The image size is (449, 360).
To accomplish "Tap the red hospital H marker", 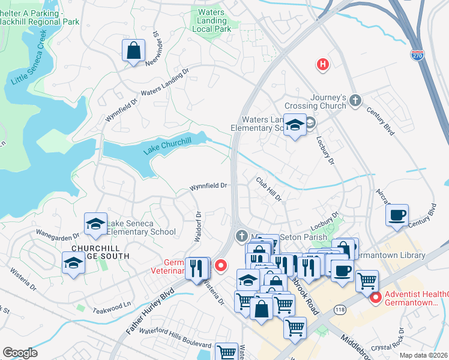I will pyautogui.click(x=323, y=64).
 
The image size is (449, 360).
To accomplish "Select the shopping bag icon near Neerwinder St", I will pyautogui.click(x=134, y=51).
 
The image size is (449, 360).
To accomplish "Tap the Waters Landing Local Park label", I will pyautogui.click(x=211, y=20).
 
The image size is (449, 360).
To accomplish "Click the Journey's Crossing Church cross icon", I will pyautogui.click(x=355, y=100).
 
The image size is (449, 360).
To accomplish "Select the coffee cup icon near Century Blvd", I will pyautogui.click(x=397, y=215).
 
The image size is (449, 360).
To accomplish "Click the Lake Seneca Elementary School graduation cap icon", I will pyautogui.click(x=95, y=224).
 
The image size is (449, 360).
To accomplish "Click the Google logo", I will pyautogui.click(x=20, y=352).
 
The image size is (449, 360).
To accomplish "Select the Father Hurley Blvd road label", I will pyautogui.click(x=150, y=312).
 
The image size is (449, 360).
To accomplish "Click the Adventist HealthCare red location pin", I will pyautogui.click(x=376, y=296).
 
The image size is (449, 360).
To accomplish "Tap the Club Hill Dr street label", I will pyautogui.click(x=268, y=188).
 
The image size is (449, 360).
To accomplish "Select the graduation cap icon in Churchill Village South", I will pyautogui.click(x=73, y=263).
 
